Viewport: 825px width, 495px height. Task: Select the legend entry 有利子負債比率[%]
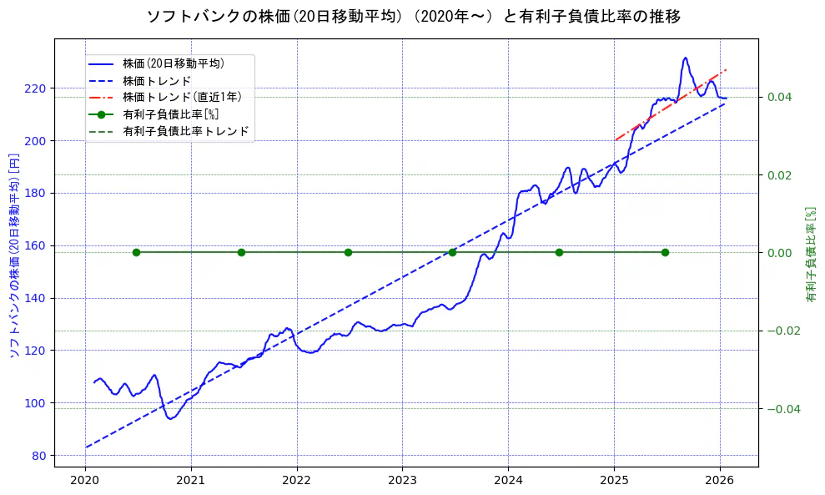pyautogui.click(x=170, y=114)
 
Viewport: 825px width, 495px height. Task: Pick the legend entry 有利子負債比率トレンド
pyautogui.click(x=185, y=131)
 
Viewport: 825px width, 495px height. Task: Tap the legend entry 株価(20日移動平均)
pyautogui.click(x=173, y=63)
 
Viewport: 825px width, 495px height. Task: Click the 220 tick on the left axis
pyautogui.click(x=38, y=88)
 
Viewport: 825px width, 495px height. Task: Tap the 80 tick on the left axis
pyautogui.click(x=40, y=456)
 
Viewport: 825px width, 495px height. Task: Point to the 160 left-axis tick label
pyautogui.click(x=38, y=245)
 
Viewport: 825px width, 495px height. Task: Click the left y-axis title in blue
pyautogui.click(x=13, y=255)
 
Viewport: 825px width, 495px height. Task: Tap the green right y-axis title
pyautogui.click(x=810, y=255)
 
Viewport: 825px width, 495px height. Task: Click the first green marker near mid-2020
pyautogui.click(x=136, y=252)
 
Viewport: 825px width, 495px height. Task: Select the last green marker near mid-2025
pyautogui.click(x=665, y=252)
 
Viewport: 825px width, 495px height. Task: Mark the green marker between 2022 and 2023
pyautogui.click(x=348, y=252)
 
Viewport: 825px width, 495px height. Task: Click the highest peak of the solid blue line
pyautogui.click(x=685, y=58)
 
